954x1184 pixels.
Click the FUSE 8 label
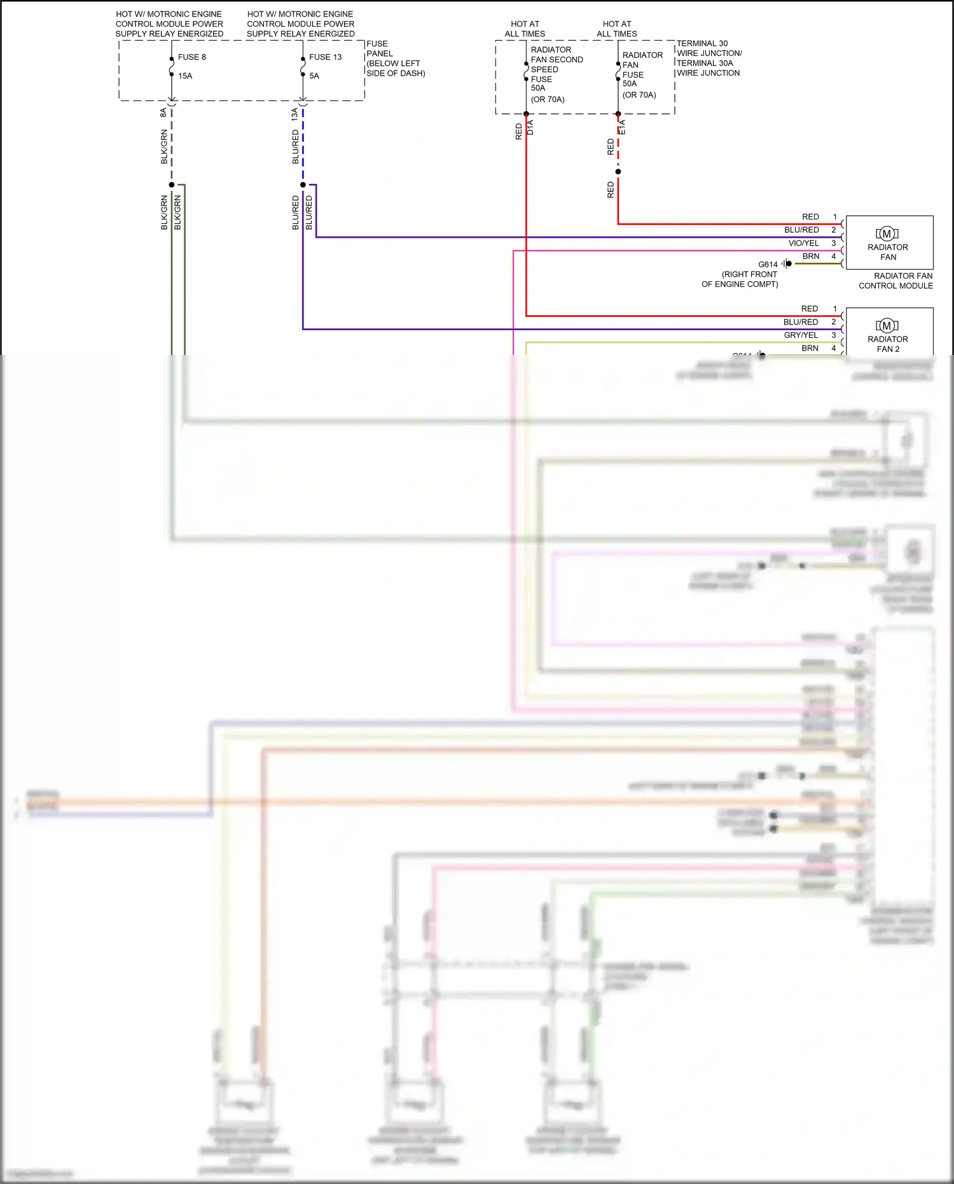[191, 57]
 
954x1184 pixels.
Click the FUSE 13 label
[325, 57]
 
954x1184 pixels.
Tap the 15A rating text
[185, 76]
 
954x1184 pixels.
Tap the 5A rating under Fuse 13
[314, 76]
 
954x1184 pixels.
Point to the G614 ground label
[768, 264]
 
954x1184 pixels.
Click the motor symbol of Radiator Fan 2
[887, 326]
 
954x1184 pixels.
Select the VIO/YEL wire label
[803, 243]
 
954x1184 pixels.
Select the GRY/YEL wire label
[801, 335]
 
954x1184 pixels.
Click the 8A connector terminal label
[163, 113]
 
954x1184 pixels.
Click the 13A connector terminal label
[295, 114]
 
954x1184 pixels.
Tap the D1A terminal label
[530, 127]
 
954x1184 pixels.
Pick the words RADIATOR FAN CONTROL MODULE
[896, 281]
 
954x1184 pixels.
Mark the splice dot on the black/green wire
[172, 185]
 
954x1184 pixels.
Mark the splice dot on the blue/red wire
[303, 185]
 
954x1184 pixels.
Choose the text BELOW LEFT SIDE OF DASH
[396, 68]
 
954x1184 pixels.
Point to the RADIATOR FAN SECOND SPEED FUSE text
[556, 64]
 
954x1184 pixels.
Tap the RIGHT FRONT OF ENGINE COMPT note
[740, 279]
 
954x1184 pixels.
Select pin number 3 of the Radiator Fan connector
[834, 243]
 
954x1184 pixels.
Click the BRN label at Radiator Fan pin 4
[811, 256]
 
